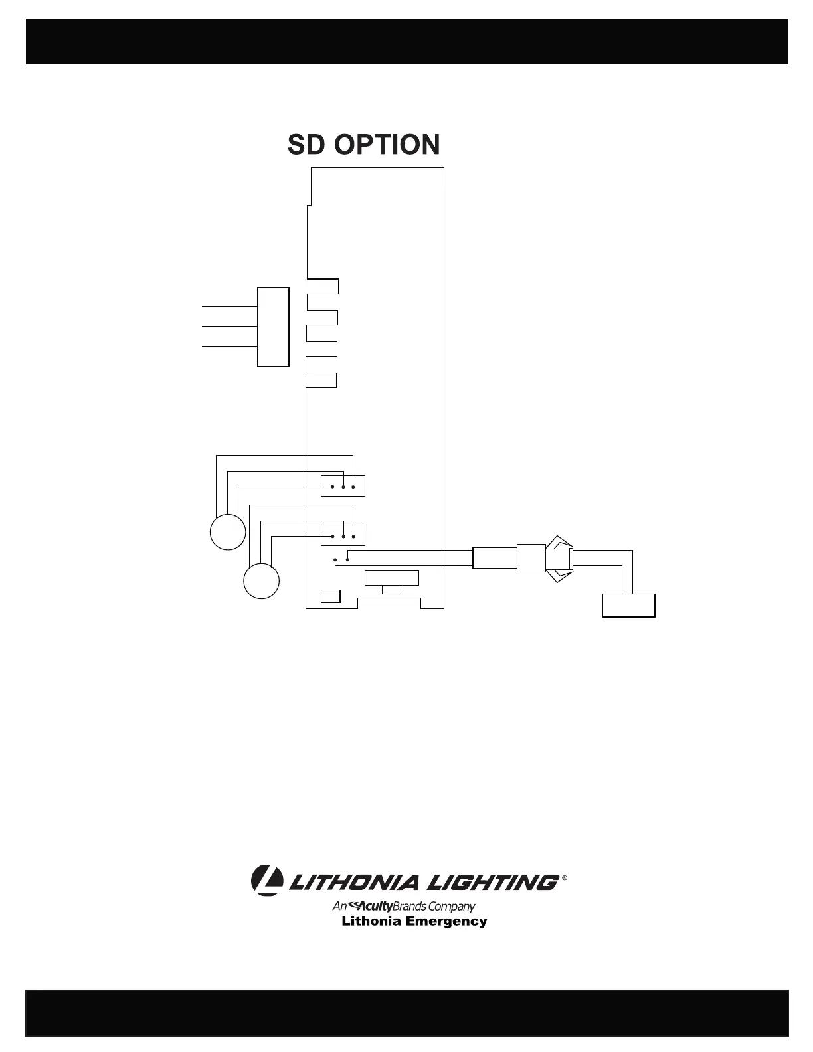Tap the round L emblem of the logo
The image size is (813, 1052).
[x=266, y=881]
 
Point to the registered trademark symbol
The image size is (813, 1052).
[x=565, y=878]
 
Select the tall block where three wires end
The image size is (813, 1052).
[x=273, y=327]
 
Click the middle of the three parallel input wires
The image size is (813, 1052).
[x=229, y=327]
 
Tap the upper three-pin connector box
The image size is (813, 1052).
[x=343, y=486]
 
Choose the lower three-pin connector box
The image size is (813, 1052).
[x=343, y=535]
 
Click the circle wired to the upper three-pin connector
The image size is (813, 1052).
[x=228, y=532]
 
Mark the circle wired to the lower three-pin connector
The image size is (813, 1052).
[x=261, y=580]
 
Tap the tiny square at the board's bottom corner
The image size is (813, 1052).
[x=330, y=596]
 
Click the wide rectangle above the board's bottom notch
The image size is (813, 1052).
[x=392, y=578]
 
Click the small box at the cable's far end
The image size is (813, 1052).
[x=628, y=606]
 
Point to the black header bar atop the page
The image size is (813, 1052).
[x=406, y=41]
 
